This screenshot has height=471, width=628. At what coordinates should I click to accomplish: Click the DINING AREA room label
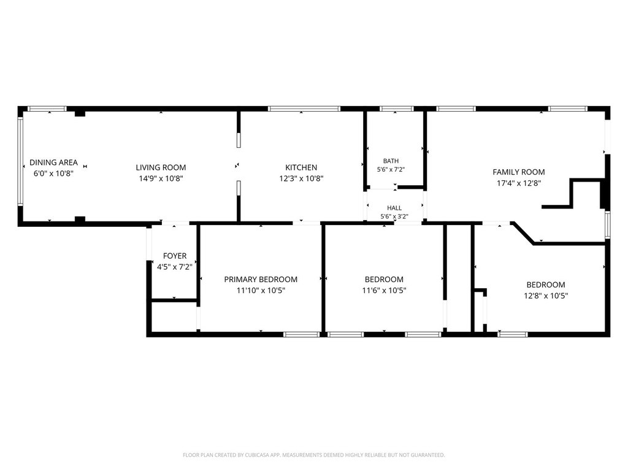54,163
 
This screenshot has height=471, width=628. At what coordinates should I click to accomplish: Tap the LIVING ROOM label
161,168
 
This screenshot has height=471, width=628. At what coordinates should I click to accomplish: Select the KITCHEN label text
301,168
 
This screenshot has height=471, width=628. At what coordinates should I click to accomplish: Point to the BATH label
391,161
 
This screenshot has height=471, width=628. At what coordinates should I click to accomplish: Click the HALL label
394,208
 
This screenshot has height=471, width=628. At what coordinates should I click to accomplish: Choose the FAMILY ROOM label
519,172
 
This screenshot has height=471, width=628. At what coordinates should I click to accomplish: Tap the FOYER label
175,256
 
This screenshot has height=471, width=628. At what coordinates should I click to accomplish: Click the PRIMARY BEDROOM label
261,280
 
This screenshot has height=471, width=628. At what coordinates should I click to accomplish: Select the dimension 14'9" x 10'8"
161,178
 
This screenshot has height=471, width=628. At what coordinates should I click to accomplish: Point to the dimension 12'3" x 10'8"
301,178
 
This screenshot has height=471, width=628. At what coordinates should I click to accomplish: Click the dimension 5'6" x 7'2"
391,169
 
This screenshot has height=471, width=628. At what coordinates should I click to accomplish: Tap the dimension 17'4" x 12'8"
519,183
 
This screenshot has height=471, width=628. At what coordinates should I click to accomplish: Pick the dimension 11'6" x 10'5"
384,290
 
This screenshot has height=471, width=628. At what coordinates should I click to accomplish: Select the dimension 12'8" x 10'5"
546,296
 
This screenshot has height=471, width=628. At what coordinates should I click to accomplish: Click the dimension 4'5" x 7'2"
175,267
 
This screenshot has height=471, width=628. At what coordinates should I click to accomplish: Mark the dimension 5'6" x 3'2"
394,216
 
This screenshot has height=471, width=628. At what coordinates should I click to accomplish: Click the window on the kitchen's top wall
304,109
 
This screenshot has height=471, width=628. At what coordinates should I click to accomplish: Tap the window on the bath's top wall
397,109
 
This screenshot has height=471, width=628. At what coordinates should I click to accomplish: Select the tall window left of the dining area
20,162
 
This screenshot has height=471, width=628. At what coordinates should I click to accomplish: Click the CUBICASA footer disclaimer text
313,455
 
